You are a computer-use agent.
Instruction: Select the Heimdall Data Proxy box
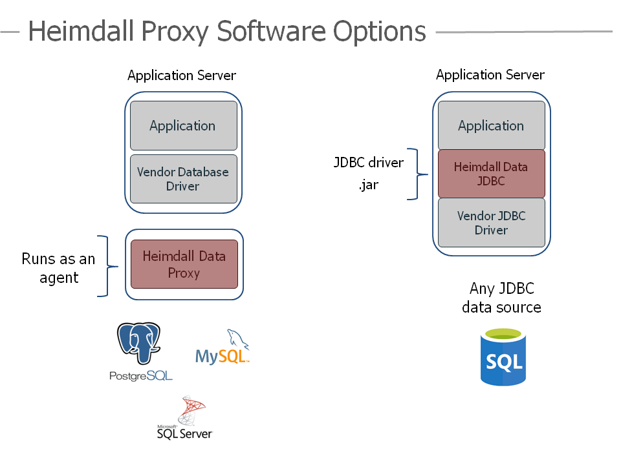click(184, 264)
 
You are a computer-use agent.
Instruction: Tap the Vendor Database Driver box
click(182, 179)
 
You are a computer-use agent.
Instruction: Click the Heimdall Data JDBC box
click(491, 174)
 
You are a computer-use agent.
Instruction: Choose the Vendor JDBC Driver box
click(491, 223)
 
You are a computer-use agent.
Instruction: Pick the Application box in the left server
click(182, 125)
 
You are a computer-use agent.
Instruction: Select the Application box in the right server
click(491, 125)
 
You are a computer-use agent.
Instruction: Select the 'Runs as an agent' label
click(58, 268)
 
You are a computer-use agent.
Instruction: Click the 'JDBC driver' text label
click(368, 162)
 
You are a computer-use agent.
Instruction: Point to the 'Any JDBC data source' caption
click(501, 298)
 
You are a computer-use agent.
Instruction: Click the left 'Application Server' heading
click(182, 76)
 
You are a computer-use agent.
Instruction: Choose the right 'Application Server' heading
click(490, 75)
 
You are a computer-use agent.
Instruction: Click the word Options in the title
click(379, 31)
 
